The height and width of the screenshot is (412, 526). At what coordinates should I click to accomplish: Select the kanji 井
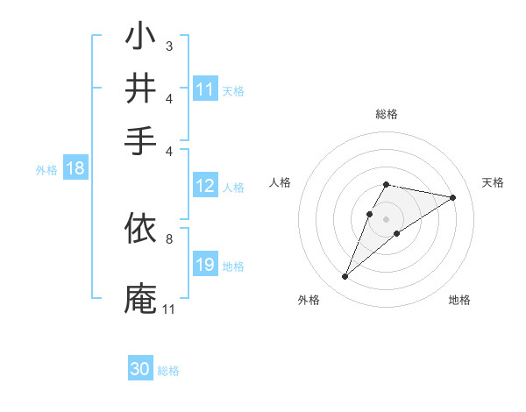coord(140,89)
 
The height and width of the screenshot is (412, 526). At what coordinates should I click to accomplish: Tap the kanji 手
coord(140,139)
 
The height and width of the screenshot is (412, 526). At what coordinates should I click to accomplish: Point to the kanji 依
coord(140,231)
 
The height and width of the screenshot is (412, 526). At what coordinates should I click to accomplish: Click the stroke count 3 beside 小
coord(168,45)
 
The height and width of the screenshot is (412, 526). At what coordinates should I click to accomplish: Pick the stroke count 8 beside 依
coord(168,238)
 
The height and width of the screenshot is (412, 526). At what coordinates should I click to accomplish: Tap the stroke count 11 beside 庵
coord(168,309)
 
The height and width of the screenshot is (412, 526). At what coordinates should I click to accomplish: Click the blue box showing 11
coord(205,89)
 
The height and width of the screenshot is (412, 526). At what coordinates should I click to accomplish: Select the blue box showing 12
coord(205,186)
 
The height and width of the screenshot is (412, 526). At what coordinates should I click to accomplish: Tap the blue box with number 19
coord(205,266)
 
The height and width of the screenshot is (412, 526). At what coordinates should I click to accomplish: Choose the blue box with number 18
coord(75,169)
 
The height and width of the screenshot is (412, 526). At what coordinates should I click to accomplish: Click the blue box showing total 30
coord(140,369)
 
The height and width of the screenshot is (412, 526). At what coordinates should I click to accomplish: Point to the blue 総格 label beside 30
coord(168,370)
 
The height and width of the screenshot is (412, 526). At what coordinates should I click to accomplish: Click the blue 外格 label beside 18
coord(46,170)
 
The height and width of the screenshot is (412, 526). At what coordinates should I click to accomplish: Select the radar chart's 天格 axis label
coord(493,182)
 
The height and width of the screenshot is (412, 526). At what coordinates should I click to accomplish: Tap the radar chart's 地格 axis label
coord(459,300)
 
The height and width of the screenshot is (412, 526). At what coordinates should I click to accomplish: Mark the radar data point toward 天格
coord(453,197)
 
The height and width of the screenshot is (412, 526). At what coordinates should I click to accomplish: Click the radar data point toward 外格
coord(345,277)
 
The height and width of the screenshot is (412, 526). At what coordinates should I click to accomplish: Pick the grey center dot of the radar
coord(386,218)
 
